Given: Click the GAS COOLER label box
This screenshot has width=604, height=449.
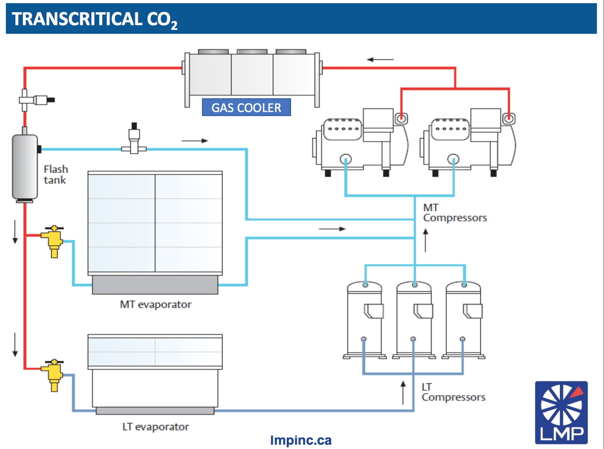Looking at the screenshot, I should point(246,108).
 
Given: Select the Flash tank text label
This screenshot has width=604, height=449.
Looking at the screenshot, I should point(56,174).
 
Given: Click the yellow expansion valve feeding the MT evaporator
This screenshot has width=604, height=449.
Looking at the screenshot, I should point(53,242).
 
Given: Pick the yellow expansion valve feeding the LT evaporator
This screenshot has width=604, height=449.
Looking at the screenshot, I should point(53,375).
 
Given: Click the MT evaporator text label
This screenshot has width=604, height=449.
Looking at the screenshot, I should point(156,304).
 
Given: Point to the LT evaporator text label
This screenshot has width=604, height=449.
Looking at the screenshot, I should point(155,426).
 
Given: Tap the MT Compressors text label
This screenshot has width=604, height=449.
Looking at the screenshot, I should point(455,213).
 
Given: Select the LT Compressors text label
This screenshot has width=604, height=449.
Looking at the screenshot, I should point(453,392).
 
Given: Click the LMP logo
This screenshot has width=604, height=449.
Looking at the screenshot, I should point(561,412).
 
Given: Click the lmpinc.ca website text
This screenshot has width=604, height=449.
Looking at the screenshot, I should point(301,440).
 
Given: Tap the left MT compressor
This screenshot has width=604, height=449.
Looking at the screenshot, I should point(354,141).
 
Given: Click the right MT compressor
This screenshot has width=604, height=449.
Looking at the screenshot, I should point(461,141).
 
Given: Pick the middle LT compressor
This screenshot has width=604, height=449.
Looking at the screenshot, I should point(414,320).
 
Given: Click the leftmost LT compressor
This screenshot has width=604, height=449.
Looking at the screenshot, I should point(365,320).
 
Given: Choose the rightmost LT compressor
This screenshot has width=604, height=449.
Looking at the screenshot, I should point(463,320).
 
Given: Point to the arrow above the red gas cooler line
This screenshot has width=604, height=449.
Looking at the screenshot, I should point(380,59).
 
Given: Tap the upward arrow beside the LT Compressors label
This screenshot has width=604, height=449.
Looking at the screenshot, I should point(403,392).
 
